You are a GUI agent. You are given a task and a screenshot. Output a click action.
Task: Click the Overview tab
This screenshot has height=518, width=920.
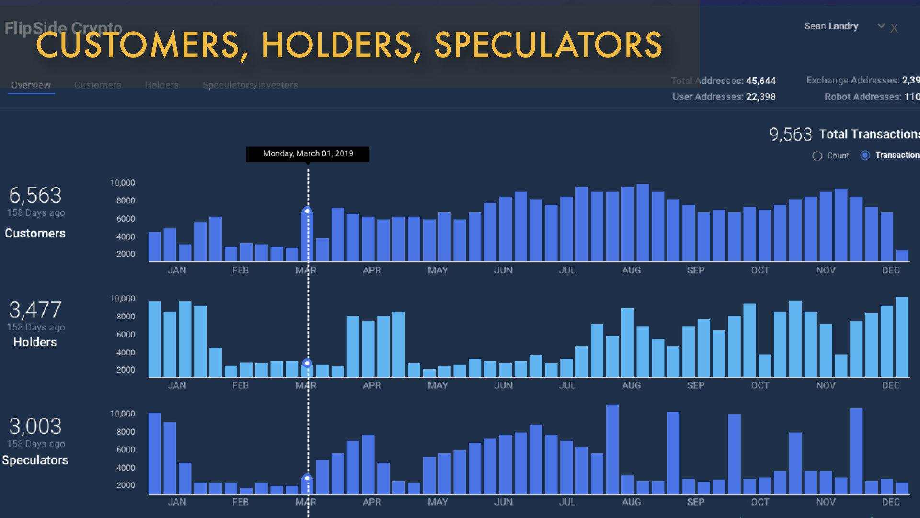click(31, 85)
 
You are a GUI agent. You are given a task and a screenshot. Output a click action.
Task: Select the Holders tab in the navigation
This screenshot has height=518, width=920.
click(161, 85)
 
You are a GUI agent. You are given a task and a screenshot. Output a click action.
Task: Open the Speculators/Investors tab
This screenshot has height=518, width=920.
click(250, 85)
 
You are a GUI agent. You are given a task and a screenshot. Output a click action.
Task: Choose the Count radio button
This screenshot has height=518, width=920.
click(817, 156)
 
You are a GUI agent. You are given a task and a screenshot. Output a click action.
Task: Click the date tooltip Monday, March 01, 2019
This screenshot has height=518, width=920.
click(308, 153)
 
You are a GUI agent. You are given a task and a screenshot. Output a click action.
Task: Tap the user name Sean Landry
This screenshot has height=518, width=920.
click(831, 26)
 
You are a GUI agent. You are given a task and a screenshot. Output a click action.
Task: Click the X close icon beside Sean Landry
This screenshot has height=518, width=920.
click(894, 28)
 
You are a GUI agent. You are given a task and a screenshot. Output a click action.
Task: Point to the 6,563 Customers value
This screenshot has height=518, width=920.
click(35, 196)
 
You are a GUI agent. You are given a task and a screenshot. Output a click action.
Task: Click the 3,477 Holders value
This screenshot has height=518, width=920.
click(35, 310)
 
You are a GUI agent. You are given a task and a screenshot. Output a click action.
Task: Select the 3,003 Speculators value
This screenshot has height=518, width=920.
click(35, 426)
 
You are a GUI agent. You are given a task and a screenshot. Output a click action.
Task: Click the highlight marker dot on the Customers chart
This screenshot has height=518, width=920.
click(307, 211)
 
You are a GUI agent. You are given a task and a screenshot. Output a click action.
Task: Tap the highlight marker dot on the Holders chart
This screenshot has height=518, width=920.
click(307, 363)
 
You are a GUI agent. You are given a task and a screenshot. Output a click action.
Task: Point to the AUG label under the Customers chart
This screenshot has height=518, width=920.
click(631, 271)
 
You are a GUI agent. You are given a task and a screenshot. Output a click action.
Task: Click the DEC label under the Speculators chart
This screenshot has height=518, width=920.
click(891, 502)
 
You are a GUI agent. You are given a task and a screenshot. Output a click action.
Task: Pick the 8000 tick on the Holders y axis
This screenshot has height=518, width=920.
click(126, 317)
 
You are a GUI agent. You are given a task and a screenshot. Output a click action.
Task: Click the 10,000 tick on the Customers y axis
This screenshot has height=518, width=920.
click(123, 183)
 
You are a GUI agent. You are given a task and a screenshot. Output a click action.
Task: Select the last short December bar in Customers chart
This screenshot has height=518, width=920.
click(902, 255)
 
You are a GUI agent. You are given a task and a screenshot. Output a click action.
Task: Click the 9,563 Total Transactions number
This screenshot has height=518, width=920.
click(790, 134)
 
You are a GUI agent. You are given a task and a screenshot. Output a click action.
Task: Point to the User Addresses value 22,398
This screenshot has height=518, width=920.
click(760, 97)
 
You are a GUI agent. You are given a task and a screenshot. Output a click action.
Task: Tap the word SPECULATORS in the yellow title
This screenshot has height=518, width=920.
click(548, 45)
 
